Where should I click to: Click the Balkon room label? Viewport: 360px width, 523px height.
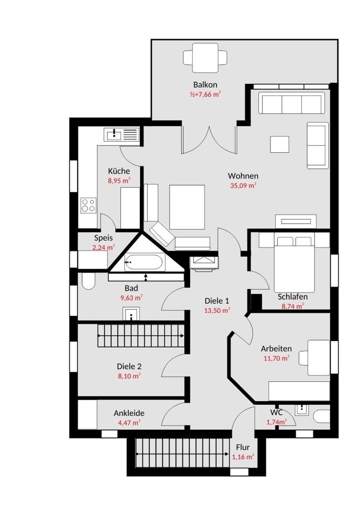point(205,85)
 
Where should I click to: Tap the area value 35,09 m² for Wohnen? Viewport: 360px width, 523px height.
point(243,186)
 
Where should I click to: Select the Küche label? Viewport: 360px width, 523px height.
point(119,171)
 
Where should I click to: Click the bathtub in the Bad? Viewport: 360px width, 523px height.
point(144,262)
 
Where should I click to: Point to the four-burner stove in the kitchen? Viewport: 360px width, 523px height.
point(89,205)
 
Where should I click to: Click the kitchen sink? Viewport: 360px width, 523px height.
point(114,135)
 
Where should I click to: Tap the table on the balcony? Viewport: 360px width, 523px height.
point(205,58)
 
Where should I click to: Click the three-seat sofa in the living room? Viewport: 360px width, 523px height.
point(291,104)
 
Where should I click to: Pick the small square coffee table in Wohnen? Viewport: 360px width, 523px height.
point(279,144)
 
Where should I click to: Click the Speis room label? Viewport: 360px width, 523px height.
point(104,238)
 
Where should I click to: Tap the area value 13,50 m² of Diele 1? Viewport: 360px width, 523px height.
point(217,311)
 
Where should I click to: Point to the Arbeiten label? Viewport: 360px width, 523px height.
point(276,349)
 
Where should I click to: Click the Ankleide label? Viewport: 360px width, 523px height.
point(129,413)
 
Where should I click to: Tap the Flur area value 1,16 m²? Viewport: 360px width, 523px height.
point(243,457)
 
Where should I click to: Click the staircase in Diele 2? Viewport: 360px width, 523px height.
point(141,336)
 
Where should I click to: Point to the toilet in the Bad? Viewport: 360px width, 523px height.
point(88,281)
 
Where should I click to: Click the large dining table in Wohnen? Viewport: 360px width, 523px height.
point(187,207)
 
